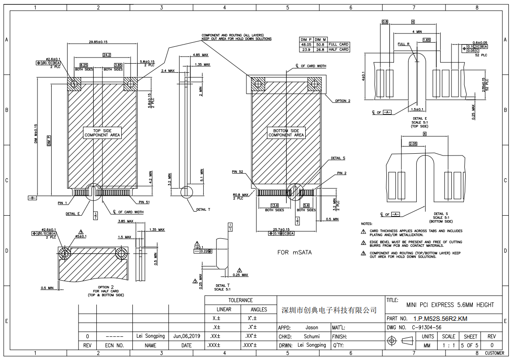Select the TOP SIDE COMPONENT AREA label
102,132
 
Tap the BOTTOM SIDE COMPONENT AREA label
286,132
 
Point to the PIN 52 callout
238,172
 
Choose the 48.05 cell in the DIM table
306,45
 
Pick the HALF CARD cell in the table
338,49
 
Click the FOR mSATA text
295,252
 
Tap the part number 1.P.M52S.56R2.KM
440,319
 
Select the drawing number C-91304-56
426,327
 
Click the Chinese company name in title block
330,310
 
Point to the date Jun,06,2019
186,336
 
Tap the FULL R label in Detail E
403,44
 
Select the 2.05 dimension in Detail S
412,144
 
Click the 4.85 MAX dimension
201,55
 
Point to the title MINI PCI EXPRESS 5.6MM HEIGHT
450,305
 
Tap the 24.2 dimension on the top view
106,55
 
